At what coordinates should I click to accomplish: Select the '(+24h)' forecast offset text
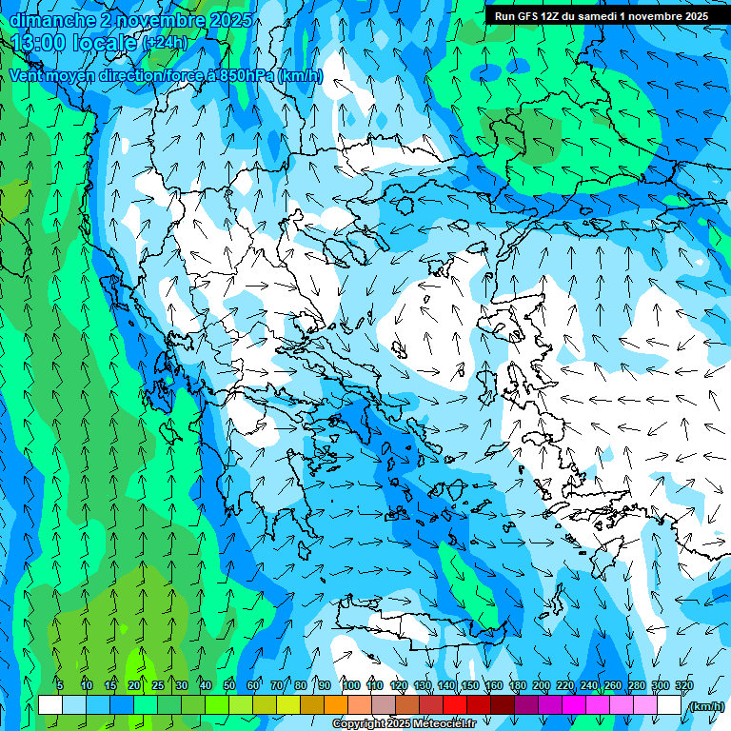click(x=165, y=43)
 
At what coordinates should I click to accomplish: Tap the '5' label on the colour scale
click(x=60, y=685)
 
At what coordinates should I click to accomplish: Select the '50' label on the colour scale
click(x=229, y=685)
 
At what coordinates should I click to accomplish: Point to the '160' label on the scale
click(x=493, y=685)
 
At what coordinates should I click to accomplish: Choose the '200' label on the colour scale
click(x=541, y=685)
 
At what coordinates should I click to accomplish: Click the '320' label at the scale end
click(x=683, y=685)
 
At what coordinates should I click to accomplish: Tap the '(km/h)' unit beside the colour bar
click(x=706, y=706)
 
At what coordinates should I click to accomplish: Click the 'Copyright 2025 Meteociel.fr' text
click(x=404, y=724)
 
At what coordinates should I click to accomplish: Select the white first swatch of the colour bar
click(x=50, y=705)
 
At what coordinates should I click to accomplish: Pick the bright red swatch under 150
click(x=455, y=705)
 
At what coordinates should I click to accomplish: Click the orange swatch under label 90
click(x=336, y=705)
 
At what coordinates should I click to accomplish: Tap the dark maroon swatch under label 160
click(x=503, y=705)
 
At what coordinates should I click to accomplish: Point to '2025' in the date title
click(x=229, y=20)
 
